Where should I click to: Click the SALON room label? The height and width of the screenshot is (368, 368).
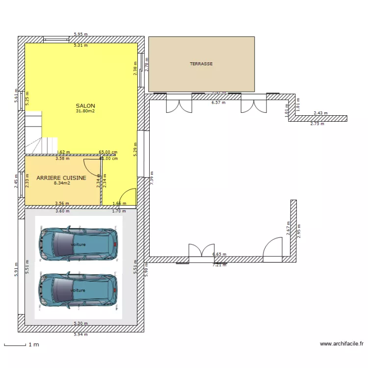point(85,105)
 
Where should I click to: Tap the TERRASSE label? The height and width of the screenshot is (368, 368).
point(201,64)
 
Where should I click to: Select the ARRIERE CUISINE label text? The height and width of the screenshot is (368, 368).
point(61,178)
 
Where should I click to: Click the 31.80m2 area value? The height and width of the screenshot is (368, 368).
point(85,111)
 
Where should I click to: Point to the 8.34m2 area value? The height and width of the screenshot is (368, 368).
point(62,184)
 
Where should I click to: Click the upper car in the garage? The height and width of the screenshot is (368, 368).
point(78,244)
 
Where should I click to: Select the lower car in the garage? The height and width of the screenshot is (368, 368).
point(78,290)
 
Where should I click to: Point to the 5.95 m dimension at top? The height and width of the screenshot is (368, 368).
point(80,34)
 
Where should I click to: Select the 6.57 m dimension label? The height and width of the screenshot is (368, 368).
point(218,103)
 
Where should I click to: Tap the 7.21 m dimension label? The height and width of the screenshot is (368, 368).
point(219,265)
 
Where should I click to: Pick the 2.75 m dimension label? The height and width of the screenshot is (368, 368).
point(317,124)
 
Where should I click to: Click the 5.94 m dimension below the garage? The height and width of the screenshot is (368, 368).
point(80,335)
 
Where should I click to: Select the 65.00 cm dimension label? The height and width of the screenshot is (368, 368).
point(108,152)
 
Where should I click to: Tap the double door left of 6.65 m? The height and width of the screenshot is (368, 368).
point(202,251)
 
